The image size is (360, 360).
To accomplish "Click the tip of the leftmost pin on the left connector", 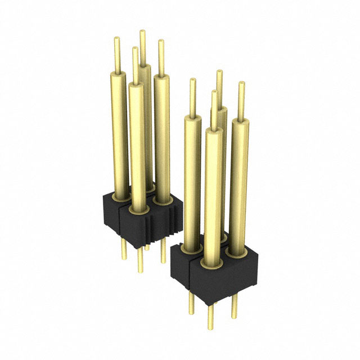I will [117, 39].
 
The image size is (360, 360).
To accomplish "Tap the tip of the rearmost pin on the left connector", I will [142, 33].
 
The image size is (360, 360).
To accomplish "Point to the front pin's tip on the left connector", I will [134, 49].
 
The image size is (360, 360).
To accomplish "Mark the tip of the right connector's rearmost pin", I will [219, 72].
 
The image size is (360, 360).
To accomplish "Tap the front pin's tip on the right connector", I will [214, 92].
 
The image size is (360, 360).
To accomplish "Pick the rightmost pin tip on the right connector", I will [241, 84].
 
